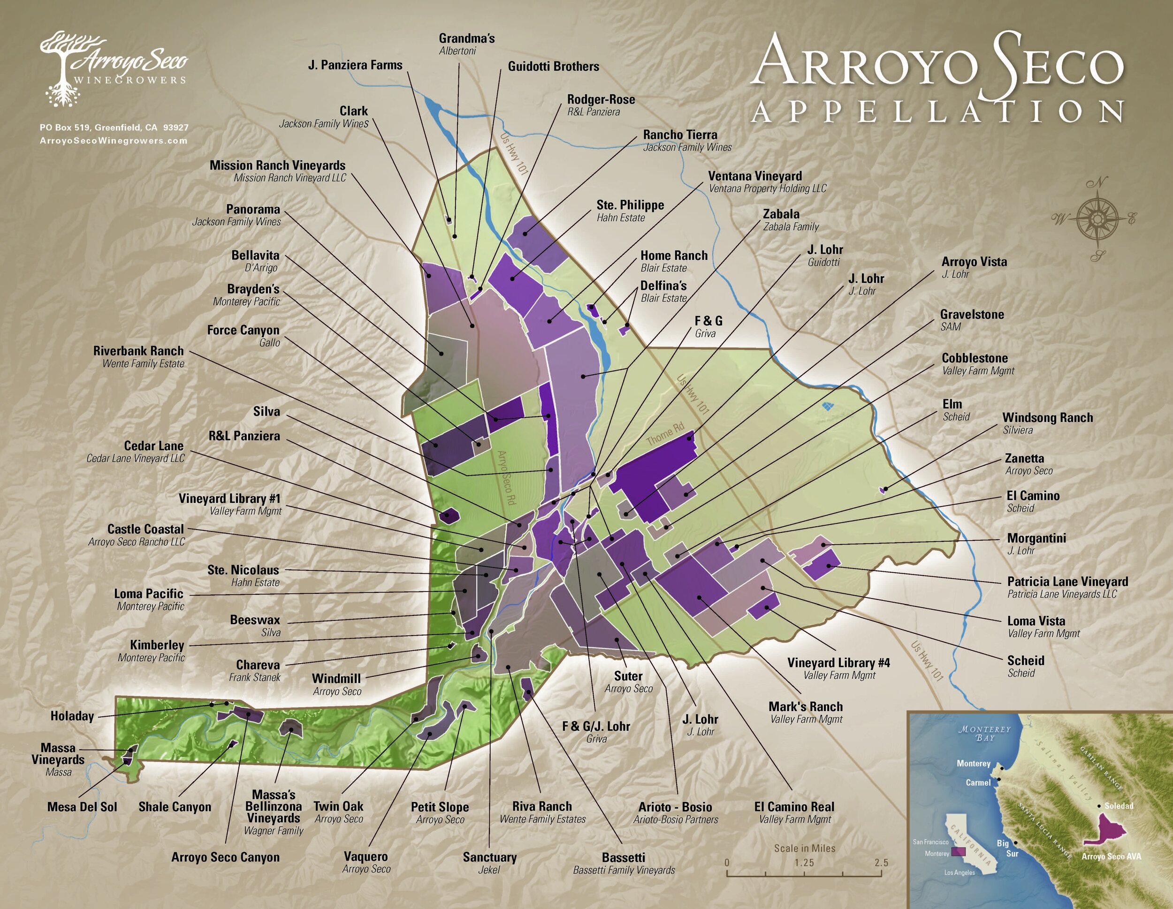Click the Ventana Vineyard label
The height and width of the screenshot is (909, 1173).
pyautogui.click(x=754, y=176)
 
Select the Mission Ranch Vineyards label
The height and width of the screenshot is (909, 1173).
pyautogui.click(x=277, y=166)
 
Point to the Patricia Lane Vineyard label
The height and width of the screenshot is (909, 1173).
pyautogui.click(x=1067, y=582)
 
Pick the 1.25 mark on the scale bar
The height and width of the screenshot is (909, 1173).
pyautogui.click(x=804, y=863)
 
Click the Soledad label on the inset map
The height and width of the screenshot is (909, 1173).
pyautogui.click(x=1119, y=806)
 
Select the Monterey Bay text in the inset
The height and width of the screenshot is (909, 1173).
pyautogui.click(x=984, y=734)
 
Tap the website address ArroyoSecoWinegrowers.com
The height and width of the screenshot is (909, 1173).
pyautogui.click(x=114, y=141)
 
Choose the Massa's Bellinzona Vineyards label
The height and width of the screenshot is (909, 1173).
pyautogui.click(x=274, y=806)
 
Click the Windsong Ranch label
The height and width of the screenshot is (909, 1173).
pyautogui.click(x=1047, y=418)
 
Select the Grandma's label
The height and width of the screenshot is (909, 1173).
pyautogui.click(x=466, y=38)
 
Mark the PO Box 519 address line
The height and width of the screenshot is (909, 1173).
pyautogui.click(x=114, y=128)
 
